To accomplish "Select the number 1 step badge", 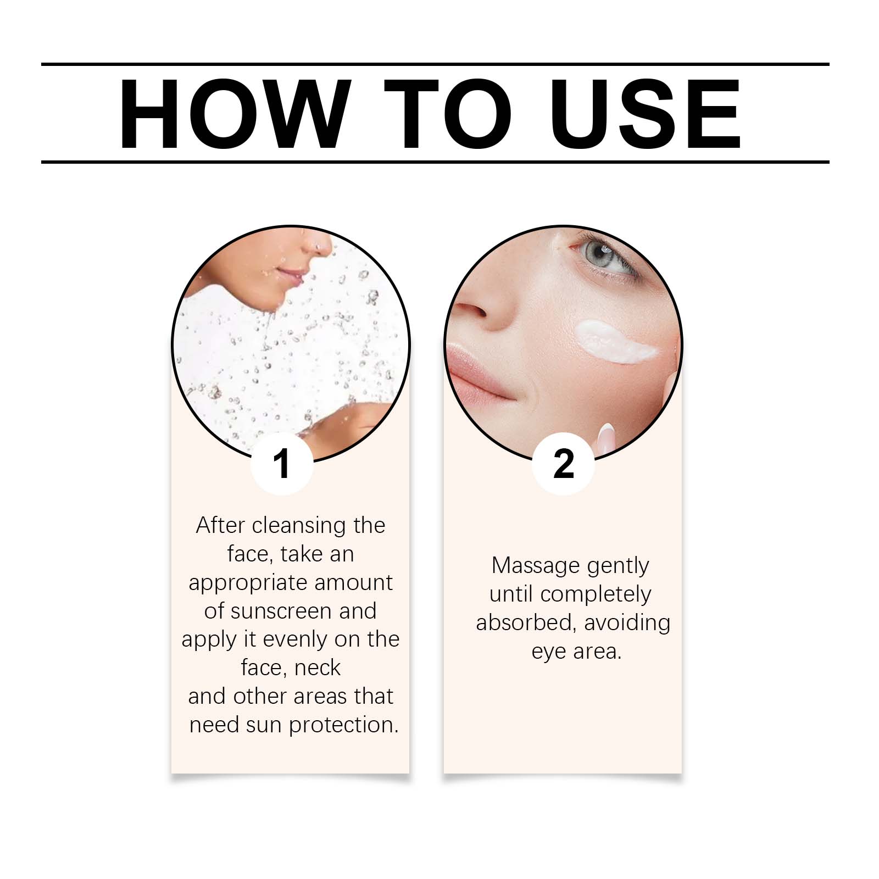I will point(282,464).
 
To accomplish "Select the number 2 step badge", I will point(563,464).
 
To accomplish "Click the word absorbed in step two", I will point(526,622).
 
